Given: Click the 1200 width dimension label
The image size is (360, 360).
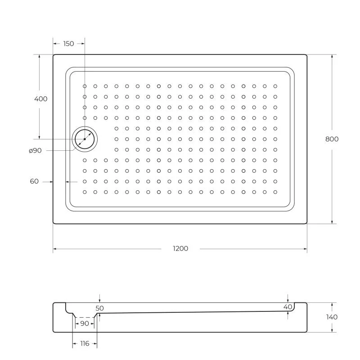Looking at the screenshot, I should point(180,248).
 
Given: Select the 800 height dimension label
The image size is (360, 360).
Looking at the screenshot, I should point(332,139).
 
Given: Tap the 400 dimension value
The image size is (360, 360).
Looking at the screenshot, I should point(40,99).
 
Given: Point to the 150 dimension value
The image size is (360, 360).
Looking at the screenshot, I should point(68,44).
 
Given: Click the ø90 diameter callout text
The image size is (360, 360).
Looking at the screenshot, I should point(35,151).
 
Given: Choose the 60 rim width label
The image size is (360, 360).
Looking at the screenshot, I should point(34,181).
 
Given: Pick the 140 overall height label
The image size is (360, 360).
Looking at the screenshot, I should point(332,317).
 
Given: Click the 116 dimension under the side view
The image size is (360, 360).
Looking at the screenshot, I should point(84,344).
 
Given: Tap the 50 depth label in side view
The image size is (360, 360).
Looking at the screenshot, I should point(99,308).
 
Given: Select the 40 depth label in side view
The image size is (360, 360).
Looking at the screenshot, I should point(288,307).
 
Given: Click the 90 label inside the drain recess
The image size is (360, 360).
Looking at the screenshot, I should point(84,323).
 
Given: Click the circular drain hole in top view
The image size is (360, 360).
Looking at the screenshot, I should point(85,139).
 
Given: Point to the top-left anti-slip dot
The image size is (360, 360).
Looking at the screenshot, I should point(85,86).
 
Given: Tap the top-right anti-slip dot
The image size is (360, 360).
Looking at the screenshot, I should point(275,86).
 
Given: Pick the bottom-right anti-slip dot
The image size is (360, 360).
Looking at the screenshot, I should point(275,192).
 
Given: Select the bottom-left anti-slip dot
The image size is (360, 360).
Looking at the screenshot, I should point(85,192).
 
